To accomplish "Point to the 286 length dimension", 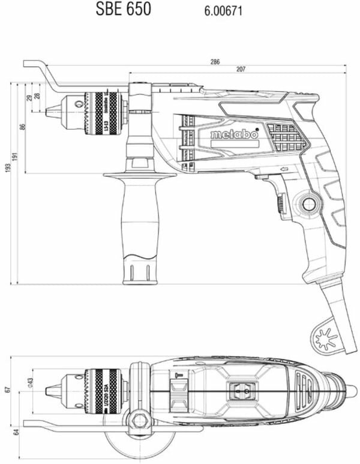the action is (x=215, y=62).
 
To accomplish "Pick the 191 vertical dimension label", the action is (x=16, y=155).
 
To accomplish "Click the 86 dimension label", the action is (x=23, y=127).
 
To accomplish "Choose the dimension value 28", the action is (x=37, y=95).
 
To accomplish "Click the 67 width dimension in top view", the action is (x=7, y=389).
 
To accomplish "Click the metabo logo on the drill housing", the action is (x=234, y=135).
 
